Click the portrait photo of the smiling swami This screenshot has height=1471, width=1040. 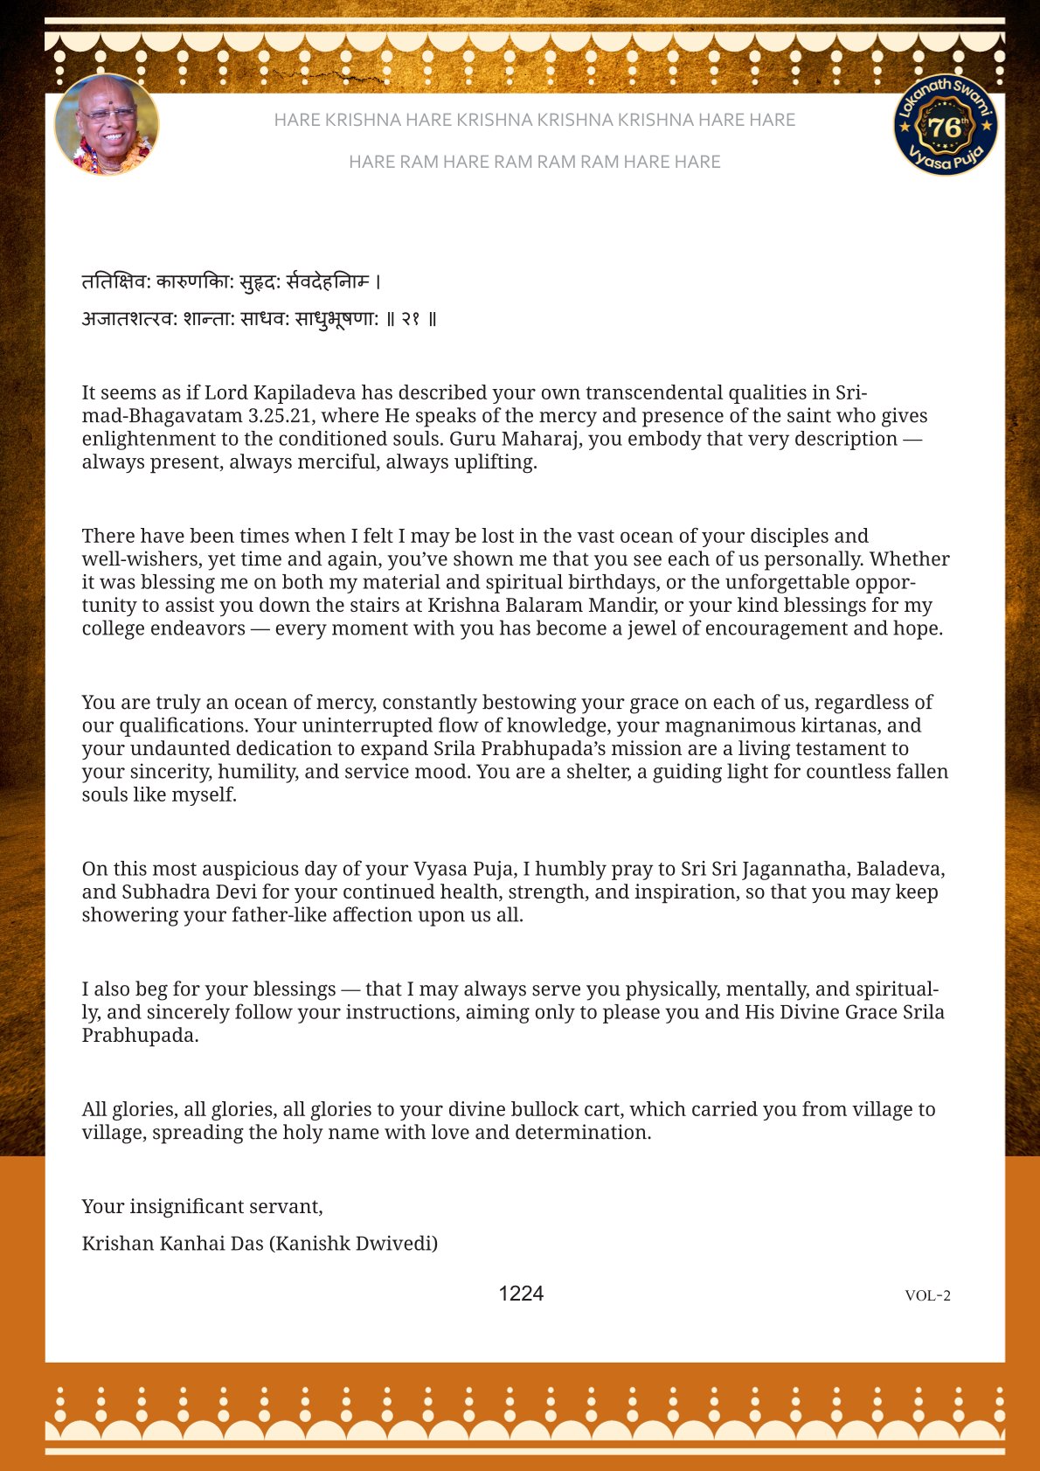click(x=107, y=125)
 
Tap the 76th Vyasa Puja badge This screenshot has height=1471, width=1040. click(x=945, y=125)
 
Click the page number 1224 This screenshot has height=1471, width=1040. click(x=521, y=1294)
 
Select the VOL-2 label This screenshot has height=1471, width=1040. click(x=927, y=1295)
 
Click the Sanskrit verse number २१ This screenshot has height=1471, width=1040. click(x=411, y=319)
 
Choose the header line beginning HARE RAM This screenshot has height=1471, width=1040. click(x=534, y=162)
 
